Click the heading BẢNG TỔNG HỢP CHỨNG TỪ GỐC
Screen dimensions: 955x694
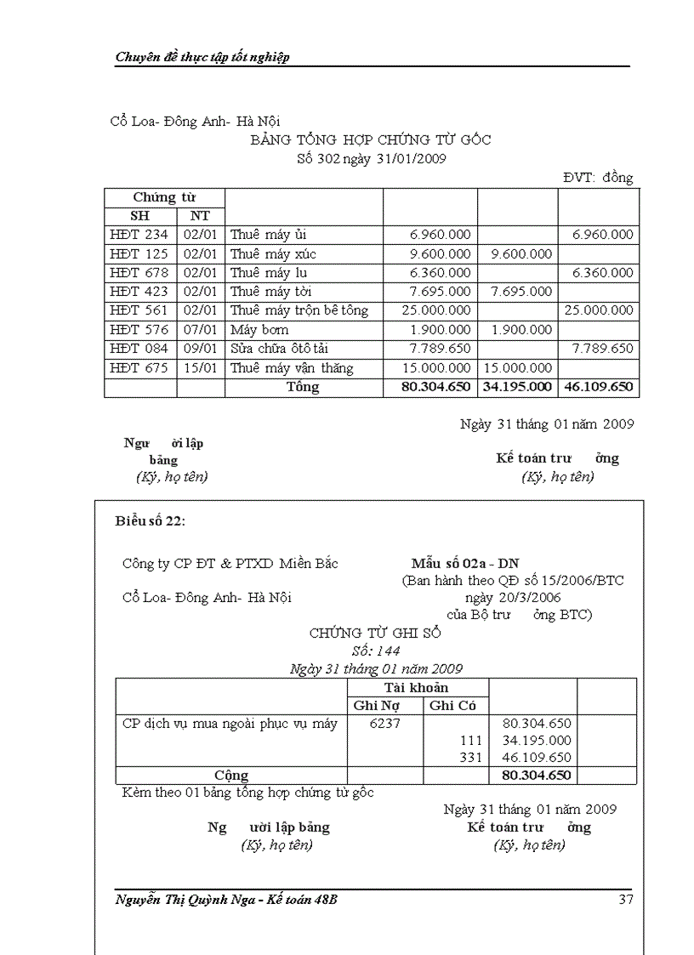(370, 139)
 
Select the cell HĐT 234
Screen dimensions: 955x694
(139, 235)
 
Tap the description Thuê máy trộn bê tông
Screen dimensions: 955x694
(299, 310)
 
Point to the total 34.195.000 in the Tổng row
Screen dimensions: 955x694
(518, 387)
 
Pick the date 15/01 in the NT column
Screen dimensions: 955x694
(200, 368)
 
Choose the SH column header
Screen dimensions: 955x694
(139, 216)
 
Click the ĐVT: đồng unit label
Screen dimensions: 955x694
(598, 178)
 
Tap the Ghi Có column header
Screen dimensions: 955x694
(453, 706)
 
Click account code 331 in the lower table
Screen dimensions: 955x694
(471, 758)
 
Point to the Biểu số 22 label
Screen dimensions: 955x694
(150, 520)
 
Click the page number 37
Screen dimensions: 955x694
(625, 900)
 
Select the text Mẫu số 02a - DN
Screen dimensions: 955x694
(464, 564)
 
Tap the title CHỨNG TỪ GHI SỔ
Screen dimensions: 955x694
(375, 634)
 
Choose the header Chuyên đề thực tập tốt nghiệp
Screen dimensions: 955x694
(202, 57)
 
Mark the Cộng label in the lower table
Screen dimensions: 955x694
(231, 776)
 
